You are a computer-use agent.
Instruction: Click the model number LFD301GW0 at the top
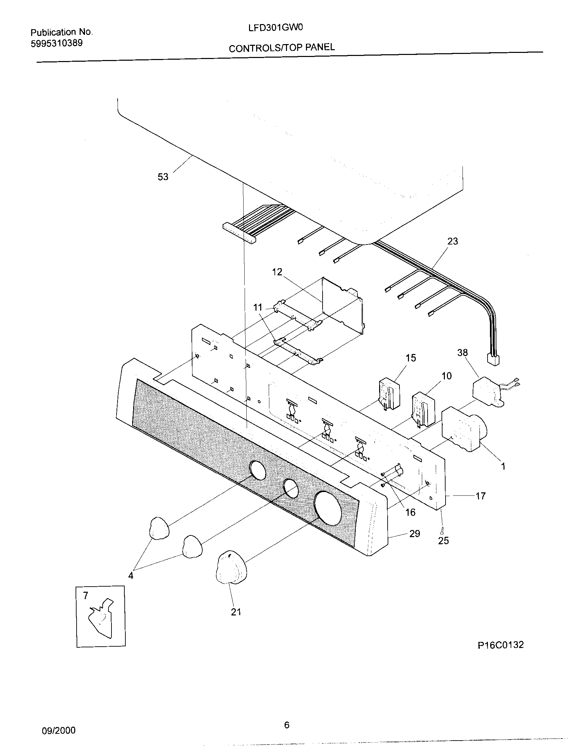275,28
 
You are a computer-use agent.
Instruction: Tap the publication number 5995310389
57,43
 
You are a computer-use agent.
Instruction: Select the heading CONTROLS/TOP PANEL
282,48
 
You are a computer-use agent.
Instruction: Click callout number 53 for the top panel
163,177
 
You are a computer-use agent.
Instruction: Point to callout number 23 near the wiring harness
452,241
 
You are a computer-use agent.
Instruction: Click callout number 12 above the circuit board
277,272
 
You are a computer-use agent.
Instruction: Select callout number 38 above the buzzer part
462,353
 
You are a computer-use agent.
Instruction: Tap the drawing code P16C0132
500,645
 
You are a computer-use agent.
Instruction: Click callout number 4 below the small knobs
131,575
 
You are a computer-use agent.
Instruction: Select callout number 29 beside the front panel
414,533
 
